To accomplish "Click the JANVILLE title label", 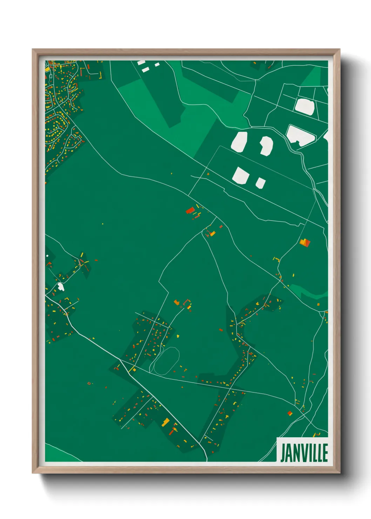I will point(304,453).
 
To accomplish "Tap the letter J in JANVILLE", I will point(283,453).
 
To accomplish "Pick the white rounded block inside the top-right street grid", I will point(304,107).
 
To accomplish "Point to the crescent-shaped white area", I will point(267,145).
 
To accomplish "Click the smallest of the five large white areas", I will point(260,183).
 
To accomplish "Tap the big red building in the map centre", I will point(190,210).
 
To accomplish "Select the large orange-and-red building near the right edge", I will point(305,242).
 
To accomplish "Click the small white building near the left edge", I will point(61,287).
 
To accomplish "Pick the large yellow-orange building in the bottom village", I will point(165,422).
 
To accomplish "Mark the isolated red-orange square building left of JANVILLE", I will point(290,413).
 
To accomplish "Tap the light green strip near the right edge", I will point(309,292).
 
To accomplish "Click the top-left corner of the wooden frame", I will point(33,50).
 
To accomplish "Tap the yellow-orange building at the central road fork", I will point(213,233).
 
